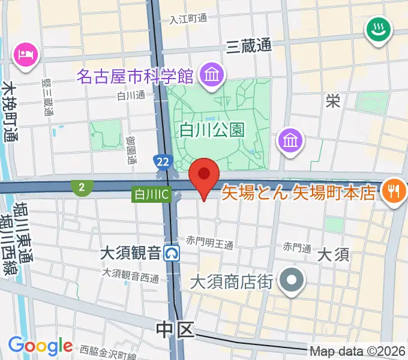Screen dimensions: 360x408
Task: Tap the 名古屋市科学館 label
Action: pos(134,77)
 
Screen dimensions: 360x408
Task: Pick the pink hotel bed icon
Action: pos(26,55)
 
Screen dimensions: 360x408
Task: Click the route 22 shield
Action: pos(161,161)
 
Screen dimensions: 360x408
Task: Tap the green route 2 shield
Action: pos(81,188)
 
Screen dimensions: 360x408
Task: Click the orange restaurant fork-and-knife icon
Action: pos(394,191)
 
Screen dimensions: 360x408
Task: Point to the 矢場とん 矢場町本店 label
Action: pos(298,193)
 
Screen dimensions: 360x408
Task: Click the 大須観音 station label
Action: pos(133,253)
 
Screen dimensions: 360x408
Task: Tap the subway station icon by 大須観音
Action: pos(173,253)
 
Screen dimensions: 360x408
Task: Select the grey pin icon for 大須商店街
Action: pos(293,280)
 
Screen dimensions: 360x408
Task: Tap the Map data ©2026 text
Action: pos(358,351)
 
